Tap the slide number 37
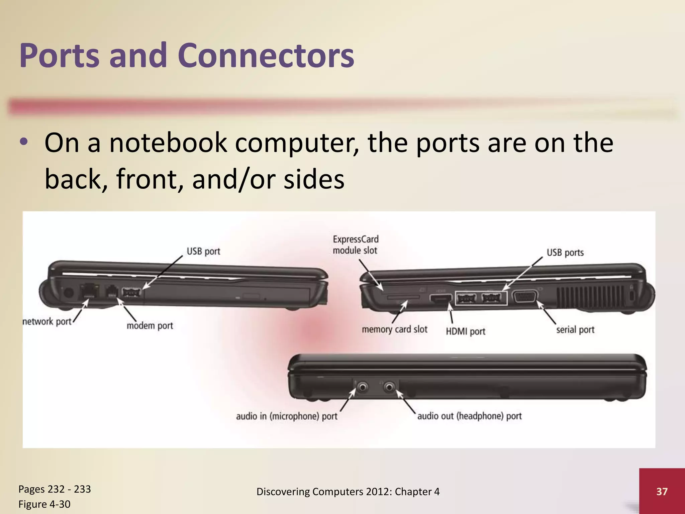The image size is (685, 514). tap(662, 491)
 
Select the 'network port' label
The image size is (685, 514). tap(47, 322)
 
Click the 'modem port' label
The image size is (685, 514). tap(150, 326)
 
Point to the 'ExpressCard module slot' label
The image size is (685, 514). tap(355, 245)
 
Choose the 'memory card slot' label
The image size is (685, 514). tap(394, 330)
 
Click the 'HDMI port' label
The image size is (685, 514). tap(465, 331)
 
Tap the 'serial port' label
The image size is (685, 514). tap(575, 330)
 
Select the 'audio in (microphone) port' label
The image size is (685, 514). tap(287, 416)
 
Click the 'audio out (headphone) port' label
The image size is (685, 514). tap(469, 416)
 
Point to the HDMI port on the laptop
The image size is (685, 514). tap(440, 297)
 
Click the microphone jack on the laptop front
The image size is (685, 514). tap(362, 388)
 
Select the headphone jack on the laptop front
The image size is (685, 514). tap(389, 388)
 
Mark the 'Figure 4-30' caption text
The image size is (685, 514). tap(44, 504)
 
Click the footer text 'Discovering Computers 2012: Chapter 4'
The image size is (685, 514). tap(348, 492)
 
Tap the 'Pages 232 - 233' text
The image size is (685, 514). tap(55, 489)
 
